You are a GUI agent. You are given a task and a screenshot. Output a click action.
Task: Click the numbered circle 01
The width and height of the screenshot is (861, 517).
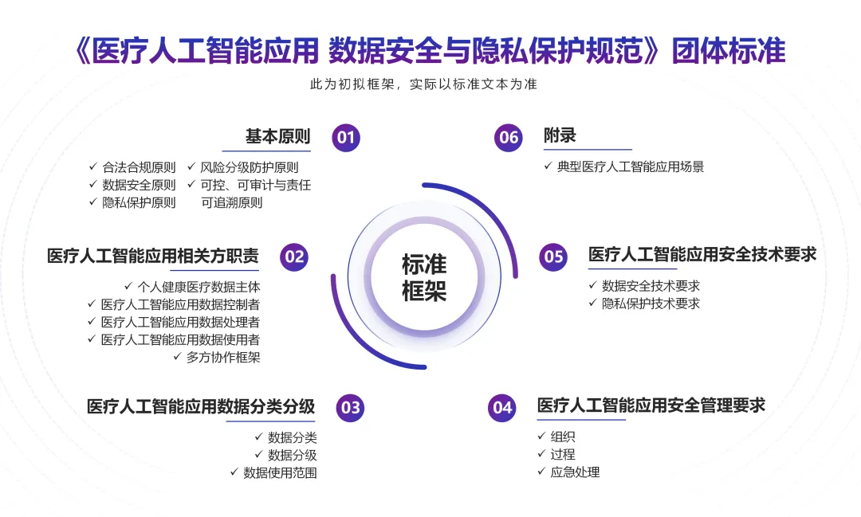point(346,137)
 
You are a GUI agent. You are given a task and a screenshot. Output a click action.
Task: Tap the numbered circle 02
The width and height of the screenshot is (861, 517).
point(294,257)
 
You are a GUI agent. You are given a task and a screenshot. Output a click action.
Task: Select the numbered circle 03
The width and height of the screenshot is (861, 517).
point(350,408)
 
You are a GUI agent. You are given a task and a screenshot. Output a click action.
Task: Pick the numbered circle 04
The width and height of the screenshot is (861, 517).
point(502,408)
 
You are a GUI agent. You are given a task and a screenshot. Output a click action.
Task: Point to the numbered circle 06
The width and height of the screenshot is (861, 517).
point(508,137)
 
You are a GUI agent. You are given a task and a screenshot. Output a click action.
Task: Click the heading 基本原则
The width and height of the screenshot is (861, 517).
point(277,136)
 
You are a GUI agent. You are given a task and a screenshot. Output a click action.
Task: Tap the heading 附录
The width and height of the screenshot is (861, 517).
point(560,136)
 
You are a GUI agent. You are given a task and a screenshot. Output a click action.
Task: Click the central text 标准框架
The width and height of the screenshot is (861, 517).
point(424,277)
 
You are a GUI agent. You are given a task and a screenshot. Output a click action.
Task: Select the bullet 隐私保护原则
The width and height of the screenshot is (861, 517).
point(139,202)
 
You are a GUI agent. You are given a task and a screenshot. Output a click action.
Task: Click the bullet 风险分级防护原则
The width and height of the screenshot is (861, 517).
point(250,167)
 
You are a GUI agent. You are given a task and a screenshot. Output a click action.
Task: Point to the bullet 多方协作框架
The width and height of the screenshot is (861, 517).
point(223,357)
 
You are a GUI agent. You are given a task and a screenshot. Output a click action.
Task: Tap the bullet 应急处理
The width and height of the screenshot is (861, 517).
point(575,472)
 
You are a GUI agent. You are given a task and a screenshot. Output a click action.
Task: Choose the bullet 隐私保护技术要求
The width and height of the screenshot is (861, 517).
point(651,304)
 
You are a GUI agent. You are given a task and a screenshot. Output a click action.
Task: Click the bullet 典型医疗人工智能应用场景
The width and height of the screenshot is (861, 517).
point(631,166)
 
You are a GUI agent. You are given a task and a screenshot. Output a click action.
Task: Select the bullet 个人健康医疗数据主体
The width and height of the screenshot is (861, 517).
point(199,287)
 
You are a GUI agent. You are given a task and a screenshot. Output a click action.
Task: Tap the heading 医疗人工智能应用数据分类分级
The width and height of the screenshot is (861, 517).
point(201,406)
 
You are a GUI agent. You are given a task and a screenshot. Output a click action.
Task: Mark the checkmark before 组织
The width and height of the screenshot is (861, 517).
point(542,437)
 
